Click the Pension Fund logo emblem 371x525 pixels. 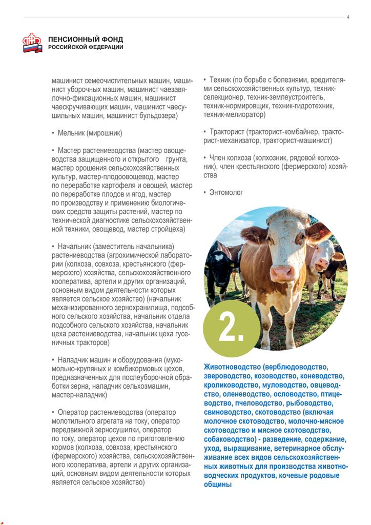click(x=32, y=43)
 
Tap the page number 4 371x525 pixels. click(x=348, y=17)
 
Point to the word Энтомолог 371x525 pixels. click(x=226, y=192)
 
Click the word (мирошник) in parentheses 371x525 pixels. click(x=107, y=133)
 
